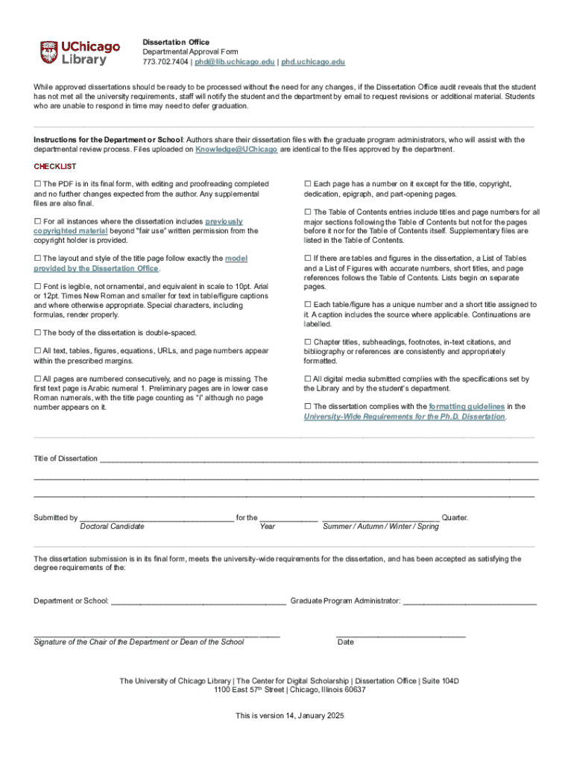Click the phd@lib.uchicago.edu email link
click(x=233, y=62)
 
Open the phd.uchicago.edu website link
click(x=313, y=62)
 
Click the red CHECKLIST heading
click(x=54, y=166)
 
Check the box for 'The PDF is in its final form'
click(x=37, y=184)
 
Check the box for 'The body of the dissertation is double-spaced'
click(x=37, y=332)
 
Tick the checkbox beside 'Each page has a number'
click(x=307, y=184)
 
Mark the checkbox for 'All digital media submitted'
click(x=307, y=379)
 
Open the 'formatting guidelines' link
click(x=467, y=406)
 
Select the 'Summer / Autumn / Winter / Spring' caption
click(x=380, y=527)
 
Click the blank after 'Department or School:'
click(x=198, y=601)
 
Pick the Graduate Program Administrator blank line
click(x=470, y=601)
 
